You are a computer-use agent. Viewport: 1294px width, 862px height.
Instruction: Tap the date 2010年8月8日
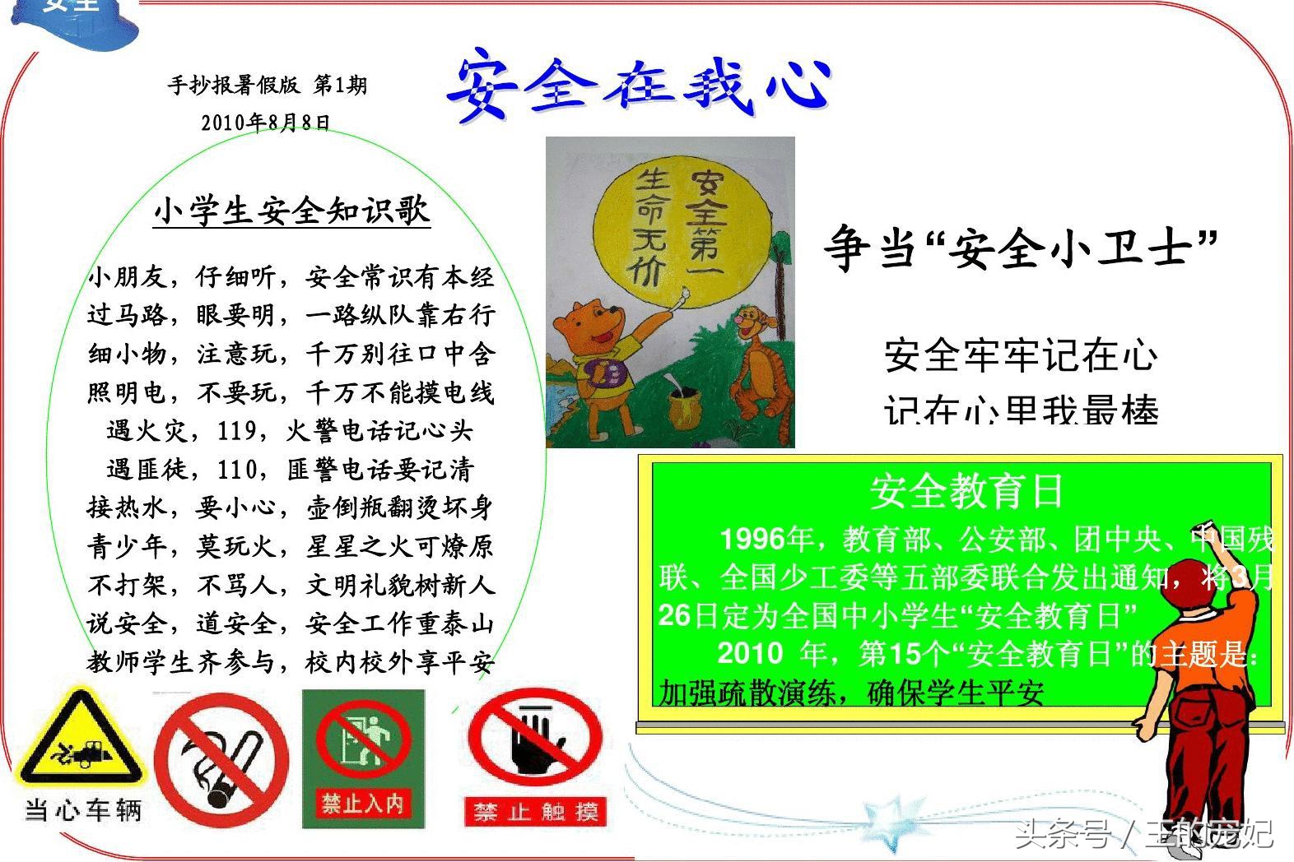pyautogui.click(x=266, y=123)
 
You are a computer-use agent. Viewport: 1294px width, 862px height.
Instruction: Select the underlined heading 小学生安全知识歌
pyautogui.click(x=292, y=211)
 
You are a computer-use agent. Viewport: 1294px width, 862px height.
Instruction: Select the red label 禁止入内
pyautogui.click(x=363, y=803)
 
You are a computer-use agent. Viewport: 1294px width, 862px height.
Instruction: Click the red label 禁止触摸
pyautogui.click(x=535, y=811)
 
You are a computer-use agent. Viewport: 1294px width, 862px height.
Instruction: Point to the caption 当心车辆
pyautogui.click(x=83, y=809)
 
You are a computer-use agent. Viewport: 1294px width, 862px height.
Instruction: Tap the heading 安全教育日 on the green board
pyautogui.click(x=966, y=491)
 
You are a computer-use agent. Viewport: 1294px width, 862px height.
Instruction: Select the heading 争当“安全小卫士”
pyautogui.click(x=1021, y=248)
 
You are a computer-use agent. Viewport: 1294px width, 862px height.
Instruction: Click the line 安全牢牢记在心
pyautogui.click(x=1021, y=355)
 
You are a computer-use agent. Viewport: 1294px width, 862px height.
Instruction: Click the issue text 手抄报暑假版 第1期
pyautogui.click(x=268, y=85)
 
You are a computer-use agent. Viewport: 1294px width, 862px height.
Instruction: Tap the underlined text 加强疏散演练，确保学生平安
pyautogui.click(x=851, y=693)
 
